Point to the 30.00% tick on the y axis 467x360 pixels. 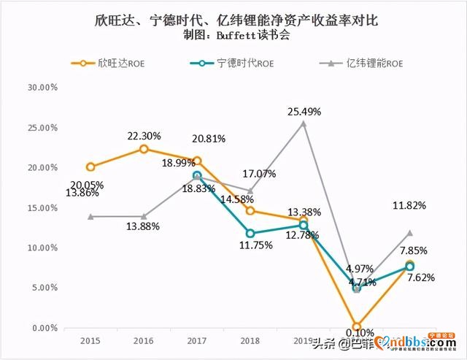click(42, 88)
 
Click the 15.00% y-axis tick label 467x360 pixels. click(42, 208)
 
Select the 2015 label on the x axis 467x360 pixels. click(90, 340)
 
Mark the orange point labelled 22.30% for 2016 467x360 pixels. click(144, 149)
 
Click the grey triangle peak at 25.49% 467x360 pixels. click(304, 123)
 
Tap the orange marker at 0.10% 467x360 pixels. click(357, 327)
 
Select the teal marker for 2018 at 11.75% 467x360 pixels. click(250, 234)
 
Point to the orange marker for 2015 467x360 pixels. click(90, 167)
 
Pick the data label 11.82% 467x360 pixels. click(410, 206)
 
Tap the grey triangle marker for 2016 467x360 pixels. click(144, 217)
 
